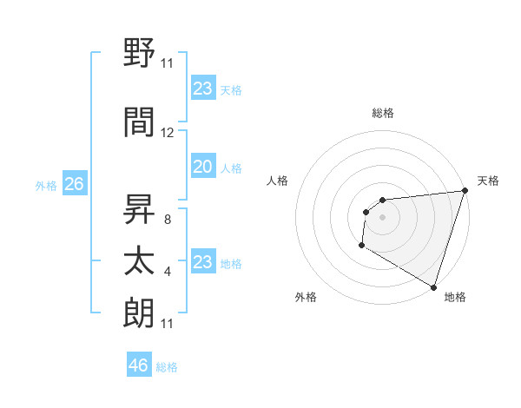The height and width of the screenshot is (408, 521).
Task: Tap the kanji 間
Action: click(x=139, y=122)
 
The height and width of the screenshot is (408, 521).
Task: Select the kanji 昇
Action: click(x=139, y=207)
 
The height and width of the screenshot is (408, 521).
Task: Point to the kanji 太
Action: click(x=139, y=261)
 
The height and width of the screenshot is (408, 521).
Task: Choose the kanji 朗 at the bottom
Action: click(x=139, y=313)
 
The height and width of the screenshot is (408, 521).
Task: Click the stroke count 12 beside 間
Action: click(x=168, y=133)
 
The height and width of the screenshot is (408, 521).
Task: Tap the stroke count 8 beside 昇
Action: click(x=167, y=220)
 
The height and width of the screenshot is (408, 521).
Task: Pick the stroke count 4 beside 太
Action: click(x=167, y=272)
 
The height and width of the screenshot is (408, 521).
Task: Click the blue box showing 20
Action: click(x=202, y=167)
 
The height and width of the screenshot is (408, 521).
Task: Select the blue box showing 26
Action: click(x=74, y=184)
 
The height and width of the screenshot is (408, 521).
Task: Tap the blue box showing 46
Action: click(x=139, y=365)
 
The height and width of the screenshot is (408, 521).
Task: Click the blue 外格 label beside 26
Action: click(x=46, y=186)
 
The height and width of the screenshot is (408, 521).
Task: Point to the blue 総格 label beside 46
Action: click(x=167, y=367)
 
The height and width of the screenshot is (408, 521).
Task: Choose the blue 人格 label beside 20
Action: click(x=231, y=168)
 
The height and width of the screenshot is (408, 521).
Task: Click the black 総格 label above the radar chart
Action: click(x=382, y=113)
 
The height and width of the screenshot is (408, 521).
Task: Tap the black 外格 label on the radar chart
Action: click(x=306, y=297)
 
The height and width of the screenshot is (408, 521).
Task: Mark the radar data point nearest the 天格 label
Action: click(x=465, y=191)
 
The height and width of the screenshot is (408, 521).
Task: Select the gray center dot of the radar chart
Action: click(x=382, y=217)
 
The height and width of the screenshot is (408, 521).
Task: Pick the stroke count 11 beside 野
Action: click(x=168, y=63)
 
